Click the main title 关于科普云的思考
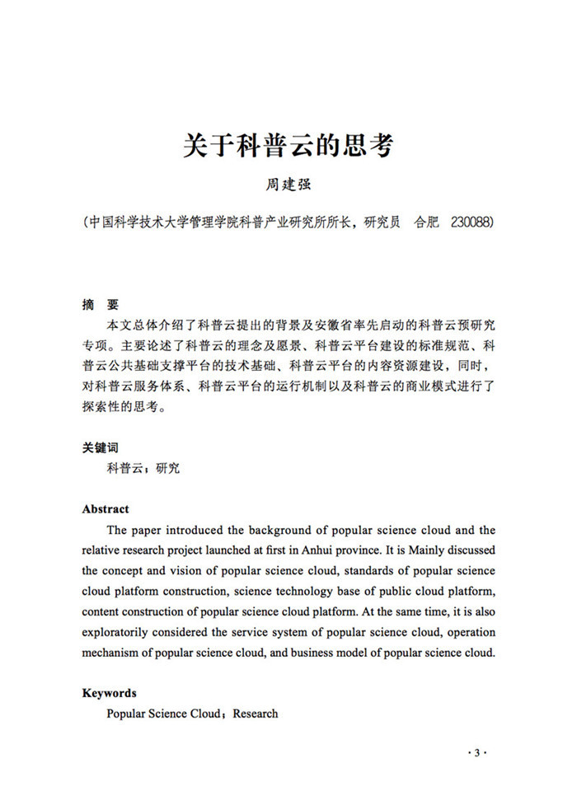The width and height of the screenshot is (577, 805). pos(288,146)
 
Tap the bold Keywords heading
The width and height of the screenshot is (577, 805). pos(110,693)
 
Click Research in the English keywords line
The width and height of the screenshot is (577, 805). pos(256,714)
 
